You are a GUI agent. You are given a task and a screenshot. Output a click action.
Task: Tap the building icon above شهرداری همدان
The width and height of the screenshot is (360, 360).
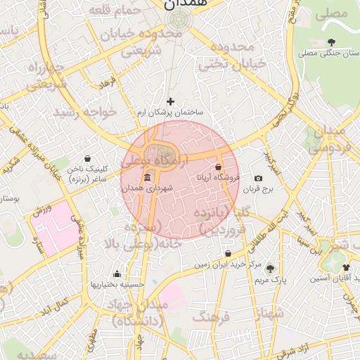(x=147, y=177)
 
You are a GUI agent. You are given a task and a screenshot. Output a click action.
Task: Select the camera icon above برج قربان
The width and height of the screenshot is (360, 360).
(x=258, y=179)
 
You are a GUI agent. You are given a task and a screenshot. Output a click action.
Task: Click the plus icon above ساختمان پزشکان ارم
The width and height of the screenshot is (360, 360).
(x=170, y=102)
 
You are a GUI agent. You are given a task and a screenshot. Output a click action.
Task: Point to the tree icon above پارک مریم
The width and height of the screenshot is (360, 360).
(x=270, y=269)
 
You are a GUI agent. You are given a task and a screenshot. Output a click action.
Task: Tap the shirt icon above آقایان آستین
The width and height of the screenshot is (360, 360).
(x=346, y=268)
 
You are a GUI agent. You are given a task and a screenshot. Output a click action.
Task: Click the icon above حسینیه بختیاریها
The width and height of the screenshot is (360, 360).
(x=117, y=274)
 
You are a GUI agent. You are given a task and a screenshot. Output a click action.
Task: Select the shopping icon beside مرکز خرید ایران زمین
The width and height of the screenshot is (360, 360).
(x=228, y=254)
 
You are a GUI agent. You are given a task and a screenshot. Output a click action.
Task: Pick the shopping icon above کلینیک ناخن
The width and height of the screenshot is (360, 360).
(x=87, y=158)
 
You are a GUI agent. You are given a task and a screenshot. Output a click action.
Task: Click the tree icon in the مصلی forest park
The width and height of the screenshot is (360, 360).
(x=331, y=42)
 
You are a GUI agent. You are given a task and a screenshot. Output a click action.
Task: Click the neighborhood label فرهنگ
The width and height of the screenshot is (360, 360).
(x=211, y=317)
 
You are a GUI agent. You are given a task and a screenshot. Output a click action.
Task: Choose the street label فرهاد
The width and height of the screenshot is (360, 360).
(x=107, y=83)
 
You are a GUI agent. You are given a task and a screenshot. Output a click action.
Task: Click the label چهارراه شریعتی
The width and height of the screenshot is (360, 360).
(x=46, y=76)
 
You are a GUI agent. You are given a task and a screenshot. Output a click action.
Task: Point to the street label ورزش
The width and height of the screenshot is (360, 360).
(x=41, y=209)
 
